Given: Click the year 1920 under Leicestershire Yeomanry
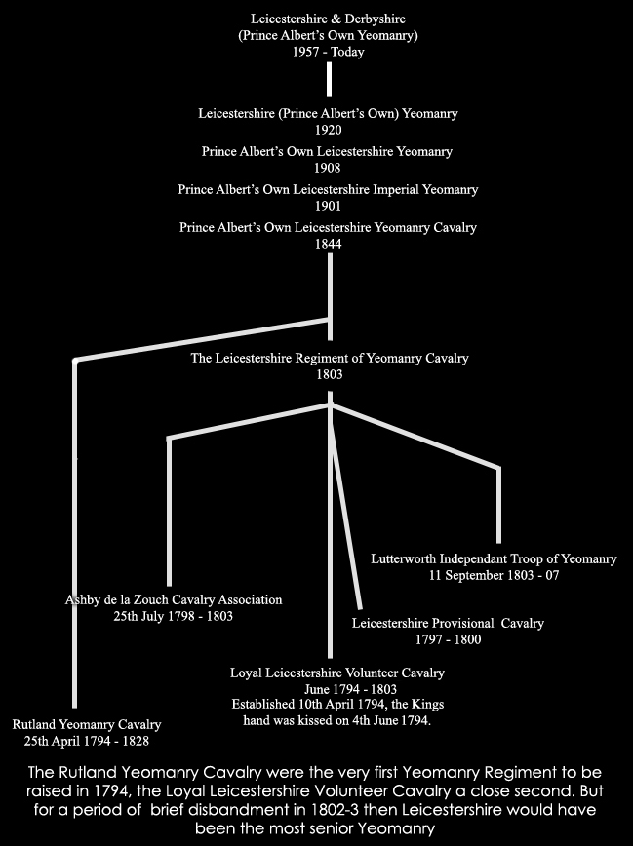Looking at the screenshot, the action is (329, 130).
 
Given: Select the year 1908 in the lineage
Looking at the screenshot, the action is (328, 168).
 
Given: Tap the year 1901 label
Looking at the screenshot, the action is (328, 206).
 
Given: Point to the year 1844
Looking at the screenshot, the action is (329, 244).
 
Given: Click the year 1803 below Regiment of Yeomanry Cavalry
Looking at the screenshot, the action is (330, 374).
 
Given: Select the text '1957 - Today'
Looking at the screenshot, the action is (329, 52).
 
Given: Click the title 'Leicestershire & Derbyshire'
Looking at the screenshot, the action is (328, 19).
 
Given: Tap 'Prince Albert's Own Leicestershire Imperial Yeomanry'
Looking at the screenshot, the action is (328, 189).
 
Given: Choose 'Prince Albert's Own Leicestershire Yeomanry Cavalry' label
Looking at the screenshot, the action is (328, 228).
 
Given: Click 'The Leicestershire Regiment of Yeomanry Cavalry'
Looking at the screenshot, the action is (330, 359).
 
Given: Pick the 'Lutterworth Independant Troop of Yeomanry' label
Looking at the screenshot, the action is (494, 559).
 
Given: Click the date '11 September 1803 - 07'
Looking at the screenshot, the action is (495, 575).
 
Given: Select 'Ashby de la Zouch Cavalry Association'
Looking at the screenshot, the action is (174, 600).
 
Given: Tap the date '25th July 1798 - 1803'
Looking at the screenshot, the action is (174, 616).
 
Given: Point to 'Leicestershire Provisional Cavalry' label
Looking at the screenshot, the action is (448, 623).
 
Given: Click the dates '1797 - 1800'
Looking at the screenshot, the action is (449, 639).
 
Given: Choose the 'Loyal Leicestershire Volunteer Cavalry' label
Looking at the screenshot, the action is (337, 673).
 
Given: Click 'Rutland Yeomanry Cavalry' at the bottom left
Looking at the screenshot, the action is (87, 724).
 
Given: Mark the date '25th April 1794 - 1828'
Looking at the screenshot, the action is (87, 741).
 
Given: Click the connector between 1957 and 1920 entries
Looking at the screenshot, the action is (329, 80).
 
